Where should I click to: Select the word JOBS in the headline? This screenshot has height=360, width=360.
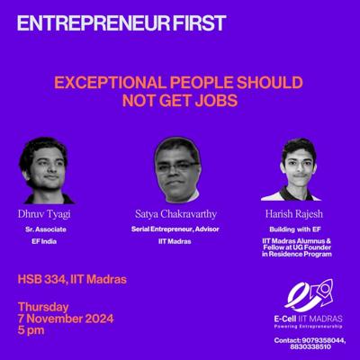click(x=215, y=101)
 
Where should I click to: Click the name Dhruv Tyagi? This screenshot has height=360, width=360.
click(x=44, y=215)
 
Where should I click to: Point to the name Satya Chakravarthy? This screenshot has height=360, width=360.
click(x=175, y=214)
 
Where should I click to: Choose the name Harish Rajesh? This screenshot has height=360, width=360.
click(x=294, y=214)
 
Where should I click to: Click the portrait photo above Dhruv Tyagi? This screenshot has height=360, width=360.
click(x=47, y=170)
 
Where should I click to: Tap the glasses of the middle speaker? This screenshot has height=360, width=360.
click(x=178, y=166)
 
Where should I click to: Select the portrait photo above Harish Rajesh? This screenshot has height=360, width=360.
click(x=292, y=169)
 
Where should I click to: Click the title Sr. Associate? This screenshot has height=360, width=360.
click(x=46, y=229)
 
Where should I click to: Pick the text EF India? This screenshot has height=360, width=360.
click(x=44, y=241)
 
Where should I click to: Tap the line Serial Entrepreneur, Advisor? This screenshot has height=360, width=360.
click(x=175, y=229)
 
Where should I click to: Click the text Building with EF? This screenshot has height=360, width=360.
click(x=295, y=229)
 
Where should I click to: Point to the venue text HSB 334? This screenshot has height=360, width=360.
click(x=41, y=280)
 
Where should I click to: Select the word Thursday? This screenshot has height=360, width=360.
click(x=43, y=307)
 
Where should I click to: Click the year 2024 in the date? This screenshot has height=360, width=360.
click(x=99, y=319)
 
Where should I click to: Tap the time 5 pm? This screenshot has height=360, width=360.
click(x=31, y=330)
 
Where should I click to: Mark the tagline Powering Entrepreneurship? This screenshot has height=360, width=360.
click(x=309, y=326)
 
